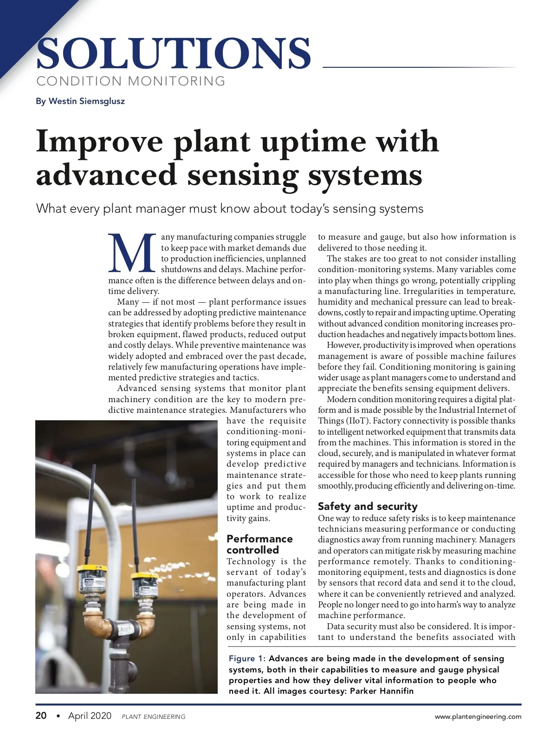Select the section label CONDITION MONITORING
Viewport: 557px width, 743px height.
click(x=131, y=81)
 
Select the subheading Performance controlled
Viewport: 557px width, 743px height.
click(x=259, y=544)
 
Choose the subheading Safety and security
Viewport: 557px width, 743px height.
click(x=368, y=506)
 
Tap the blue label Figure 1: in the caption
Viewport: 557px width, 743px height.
click(x=247, y=658)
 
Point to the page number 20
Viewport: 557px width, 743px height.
click(x=41, y=716)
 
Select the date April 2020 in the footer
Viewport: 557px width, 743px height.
click(x=90, y=716)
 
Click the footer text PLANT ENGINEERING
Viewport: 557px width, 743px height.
click(x=153, y=717)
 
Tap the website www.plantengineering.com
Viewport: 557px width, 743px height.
click(x=478, y=717)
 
